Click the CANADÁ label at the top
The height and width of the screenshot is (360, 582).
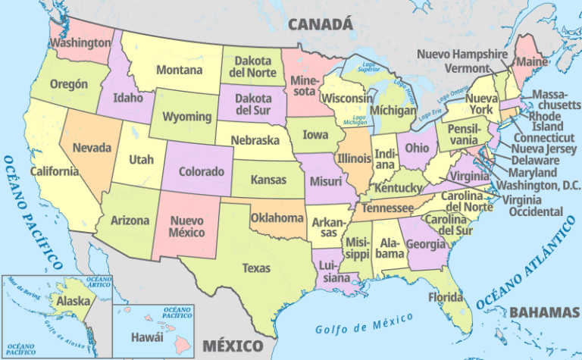pos(321,24)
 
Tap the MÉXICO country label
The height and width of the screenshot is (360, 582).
pos(233,346)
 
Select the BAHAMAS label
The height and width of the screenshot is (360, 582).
pos(544,311)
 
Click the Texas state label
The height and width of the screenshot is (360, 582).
pos(256,268)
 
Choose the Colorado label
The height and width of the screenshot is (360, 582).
pos(202,171)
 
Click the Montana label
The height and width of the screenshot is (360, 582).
pos(179,70)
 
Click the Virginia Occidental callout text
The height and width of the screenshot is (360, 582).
pos(534,205)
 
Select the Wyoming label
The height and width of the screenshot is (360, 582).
pos(186,117)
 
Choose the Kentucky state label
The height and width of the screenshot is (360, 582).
pos(397,186)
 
